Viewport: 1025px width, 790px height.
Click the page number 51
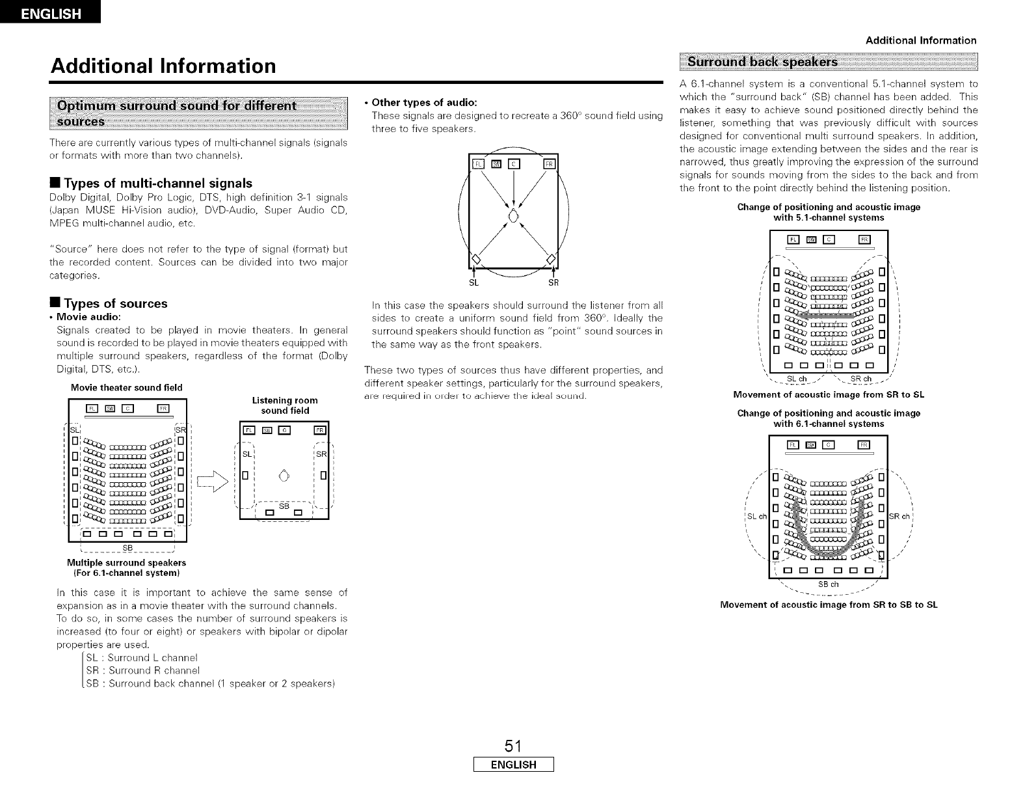tap(512, 745)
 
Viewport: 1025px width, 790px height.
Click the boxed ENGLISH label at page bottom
tap(512, 765)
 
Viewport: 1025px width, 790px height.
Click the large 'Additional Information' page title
tap(163, 66)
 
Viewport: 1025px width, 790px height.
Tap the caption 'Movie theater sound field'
tap(126, 388)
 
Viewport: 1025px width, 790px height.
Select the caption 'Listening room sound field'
tap(285, 405)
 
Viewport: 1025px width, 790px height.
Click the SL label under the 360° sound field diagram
tap(473, 283)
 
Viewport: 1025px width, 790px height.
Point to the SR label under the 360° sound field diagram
tap(553, 283)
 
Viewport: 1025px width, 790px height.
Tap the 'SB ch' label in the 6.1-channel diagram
tap(827, 584)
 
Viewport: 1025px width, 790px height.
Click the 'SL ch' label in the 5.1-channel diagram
tap(797, 379)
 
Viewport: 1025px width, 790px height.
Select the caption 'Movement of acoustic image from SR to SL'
tap(829, 395)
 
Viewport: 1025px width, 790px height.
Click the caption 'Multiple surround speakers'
tap(126, 562)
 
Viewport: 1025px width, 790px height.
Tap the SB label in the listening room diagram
tap(284, 505)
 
